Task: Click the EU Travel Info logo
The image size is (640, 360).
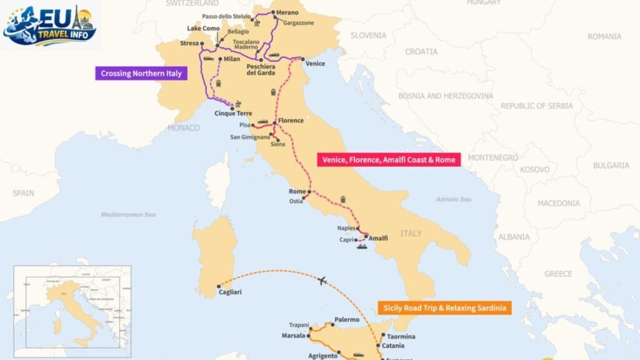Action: tap(50, 25)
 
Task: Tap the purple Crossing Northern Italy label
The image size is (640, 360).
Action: tap(141, 73)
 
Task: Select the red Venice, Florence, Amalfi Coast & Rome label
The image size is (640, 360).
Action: tap(388, 160)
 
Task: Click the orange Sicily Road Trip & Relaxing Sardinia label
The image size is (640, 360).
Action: tap(444, 307)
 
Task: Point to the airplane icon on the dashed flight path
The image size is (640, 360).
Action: tap(324, 281)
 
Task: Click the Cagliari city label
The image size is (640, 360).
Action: tap(230, 291)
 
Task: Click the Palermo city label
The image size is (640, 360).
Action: tap(347, 319)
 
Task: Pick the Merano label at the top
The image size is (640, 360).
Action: tap(287, 12)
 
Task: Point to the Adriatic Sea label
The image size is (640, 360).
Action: tap(453, 199)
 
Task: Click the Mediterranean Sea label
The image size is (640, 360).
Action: tap(128, 214)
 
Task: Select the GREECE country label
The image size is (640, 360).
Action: tap(557, 274)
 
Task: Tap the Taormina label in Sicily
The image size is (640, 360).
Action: tap(401, 336)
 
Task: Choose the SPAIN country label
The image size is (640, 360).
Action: tap(23, 193)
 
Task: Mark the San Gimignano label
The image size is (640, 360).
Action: tap(251, 137)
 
